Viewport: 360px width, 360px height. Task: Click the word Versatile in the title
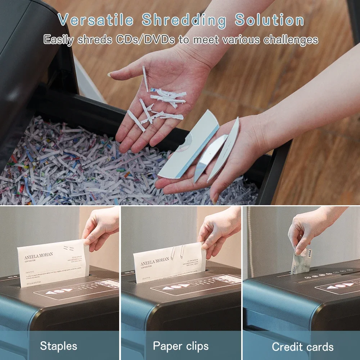(x=96, y=20)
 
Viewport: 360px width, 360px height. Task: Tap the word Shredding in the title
(x=184, y=20)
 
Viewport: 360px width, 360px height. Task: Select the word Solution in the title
(x=269, y=20)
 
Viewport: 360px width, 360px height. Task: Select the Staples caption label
(x=58, y=346)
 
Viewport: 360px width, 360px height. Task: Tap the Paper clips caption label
(x=180, y=346)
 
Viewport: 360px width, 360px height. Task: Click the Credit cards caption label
(x=302, y=347)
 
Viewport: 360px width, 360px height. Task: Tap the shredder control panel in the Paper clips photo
(x=194, y=284)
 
